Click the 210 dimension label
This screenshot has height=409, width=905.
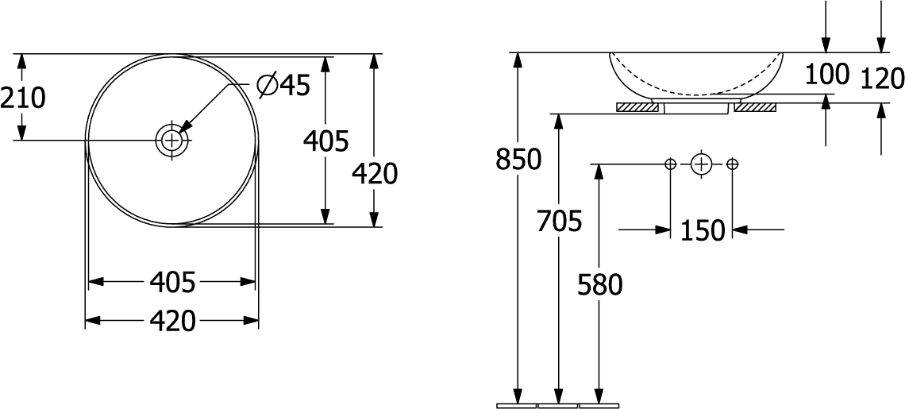(x=22, y=98)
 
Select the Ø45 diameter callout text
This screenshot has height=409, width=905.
(x=283, y=86)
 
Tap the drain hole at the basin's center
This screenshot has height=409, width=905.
(x=172, y=140)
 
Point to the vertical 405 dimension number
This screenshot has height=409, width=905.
(x=326, y=141)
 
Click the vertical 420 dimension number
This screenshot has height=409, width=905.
(x=375, y=173)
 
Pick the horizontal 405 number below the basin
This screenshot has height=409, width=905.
(x=172, y=283)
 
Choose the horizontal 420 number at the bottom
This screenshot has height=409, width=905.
(x=172, y=321)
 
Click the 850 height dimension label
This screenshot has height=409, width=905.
(x=518, y=160)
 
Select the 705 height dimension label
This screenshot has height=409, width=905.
(x=559, y=221)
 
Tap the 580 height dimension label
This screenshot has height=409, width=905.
(x=599, y=285)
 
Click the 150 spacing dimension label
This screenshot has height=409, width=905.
(x=701, y=230)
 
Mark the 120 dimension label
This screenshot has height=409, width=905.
(x=882, y=78)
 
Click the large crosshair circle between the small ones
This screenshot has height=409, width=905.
(x=701, y=164)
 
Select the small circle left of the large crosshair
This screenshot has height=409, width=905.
(x=670, y=164)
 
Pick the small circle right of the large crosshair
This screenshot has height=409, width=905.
(x=733, y=164)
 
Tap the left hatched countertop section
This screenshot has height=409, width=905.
(x=637, y=107)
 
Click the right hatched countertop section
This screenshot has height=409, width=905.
(x=756, y=107)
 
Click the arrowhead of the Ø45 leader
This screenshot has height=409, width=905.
(x=184, y=127)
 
